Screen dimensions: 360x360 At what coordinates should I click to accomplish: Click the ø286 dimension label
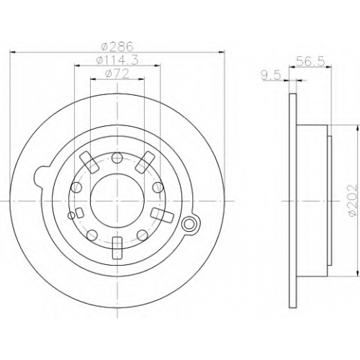click(117, 47)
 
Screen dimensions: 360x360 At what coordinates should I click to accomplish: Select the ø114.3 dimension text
click(117, 60)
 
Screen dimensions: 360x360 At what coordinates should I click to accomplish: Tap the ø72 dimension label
click(117, 74)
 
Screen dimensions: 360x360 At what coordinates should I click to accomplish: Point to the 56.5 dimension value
click(310, 61)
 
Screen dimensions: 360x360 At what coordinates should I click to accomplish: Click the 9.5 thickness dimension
click(271, 76)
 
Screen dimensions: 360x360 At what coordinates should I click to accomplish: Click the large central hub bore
click(117, 198)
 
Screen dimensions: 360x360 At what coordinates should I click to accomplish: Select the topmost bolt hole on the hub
click(117, 158)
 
